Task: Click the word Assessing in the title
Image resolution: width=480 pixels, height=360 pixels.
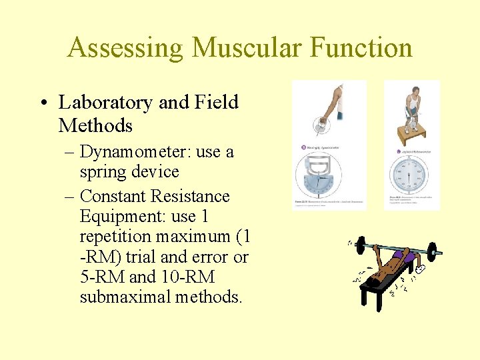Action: [125, 48]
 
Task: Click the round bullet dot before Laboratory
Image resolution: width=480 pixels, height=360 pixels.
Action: [43, 103]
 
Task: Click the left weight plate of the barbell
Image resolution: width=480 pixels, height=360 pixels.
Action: [359, 247]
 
